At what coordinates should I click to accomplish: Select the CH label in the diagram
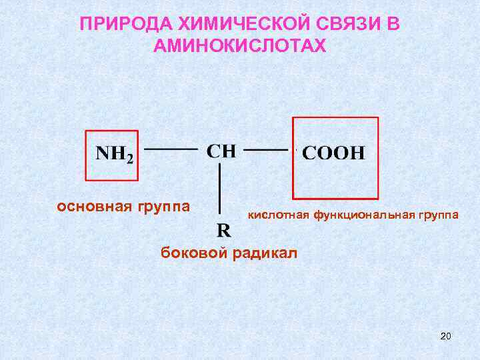221,150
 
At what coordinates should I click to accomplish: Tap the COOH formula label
334,153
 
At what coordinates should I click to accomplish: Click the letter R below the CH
224,231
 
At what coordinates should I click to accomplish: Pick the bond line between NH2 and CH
171,149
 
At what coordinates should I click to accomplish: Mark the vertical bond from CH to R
220,189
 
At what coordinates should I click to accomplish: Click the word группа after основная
164,205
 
